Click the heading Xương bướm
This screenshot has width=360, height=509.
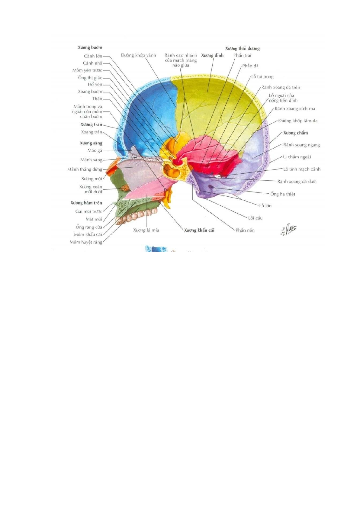pyautogui.click(x=90, y=47)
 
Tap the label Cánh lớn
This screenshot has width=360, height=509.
pyautogui.click(x=93, y=56)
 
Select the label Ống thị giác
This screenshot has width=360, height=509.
pyautogui.click(x=90, y=78)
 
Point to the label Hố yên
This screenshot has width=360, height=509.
pyautogui.click(x=95, y=85)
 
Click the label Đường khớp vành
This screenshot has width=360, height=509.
pyautogui.click(x=139, y=55)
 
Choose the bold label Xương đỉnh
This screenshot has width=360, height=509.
pyautogui.click(x=212, y=55)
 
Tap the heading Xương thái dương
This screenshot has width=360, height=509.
pyautogui.click(x=242, y=48)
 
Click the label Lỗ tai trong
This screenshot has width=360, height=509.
pyautogui.click(x=262, y=77)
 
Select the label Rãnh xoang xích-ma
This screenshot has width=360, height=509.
pyautogui.click(x=295, y=109)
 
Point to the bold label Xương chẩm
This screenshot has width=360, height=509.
pyautogui.click(x=295, y=133)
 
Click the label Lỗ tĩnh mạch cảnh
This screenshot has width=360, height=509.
pyautogui.click(x=302, y=169)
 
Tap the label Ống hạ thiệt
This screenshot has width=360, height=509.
pyautogui.click(x=283, y=194)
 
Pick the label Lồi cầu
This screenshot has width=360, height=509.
pyautogui.click(x=255, y=218)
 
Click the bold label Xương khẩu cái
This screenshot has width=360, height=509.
pyautogui.click(x=199, y=230)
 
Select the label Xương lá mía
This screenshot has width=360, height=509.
pyautogui.click(x=146, y=230)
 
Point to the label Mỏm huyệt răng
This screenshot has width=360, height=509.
pyautogui.click(x=86, y=242)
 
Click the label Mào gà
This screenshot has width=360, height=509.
pyautogui.click(x=95, y=151)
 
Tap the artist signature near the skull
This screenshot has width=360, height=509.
pyautogui.click(x=289, y=230)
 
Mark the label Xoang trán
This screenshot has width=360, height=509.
pyautogui.click(x=92, y=132)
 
